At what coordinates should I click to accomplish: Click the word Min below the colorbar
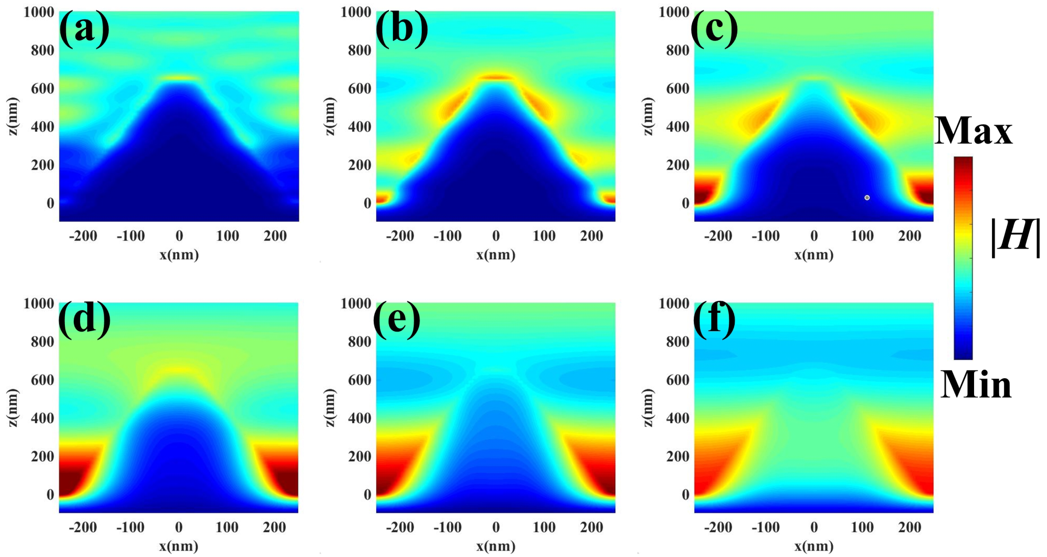[x=975, y=385]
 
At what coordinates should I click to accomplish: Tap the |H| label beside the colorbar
[x=1015, y=238]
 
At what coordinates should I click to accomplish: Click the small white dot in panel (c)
[x=867, y=198]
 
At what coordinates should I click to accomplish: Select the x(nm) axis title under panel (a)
[x=179, y=255]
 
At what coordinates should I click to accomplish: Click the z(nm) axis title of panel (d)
[x=13, y=407]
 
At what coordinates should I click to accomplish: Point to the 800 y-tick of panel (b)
[x=359, y=50]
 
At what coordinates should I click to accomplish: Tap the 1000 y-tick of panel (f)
[x=673, y=303]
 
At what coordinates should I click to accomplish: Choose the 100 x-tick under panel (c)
[x=862, y=236]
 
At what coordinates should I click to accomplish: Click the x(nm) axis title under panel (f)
[x=814, y=546]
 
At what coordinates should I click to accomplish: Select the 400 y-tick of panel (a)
[x=42, y=127]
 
